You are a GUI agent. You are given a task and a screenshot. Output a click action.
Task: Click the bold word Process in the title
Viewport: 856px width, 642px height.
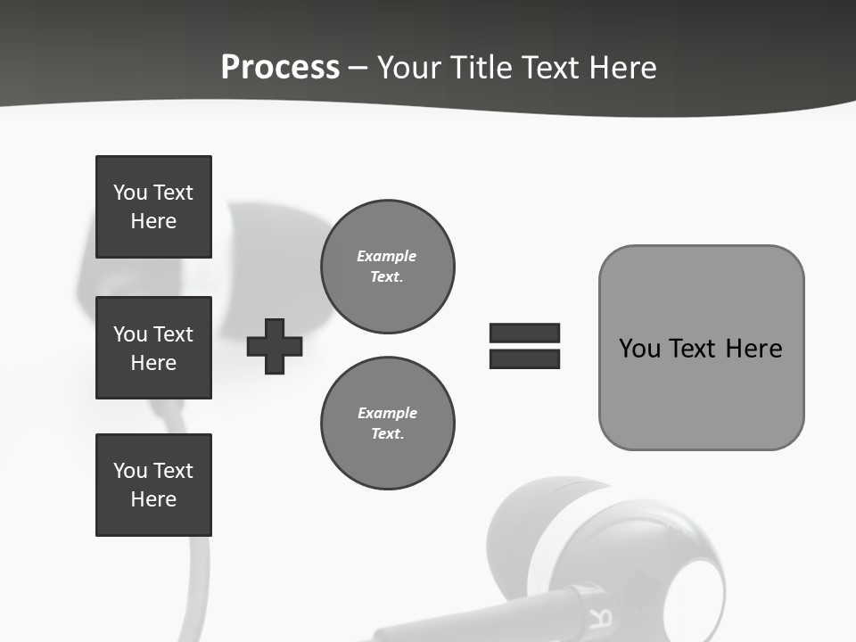click(280, 68)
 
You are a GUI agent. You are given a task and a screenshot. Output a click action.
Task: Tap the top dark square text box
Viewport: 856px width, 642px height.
click(153, 207)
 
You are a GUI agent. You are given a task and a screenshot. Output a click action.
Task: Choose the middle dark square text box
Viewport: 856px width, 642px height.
click(153, 348)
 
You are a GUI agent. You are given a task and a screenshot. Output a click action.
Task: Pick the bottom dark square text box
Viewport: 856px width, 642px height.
click(153, 485)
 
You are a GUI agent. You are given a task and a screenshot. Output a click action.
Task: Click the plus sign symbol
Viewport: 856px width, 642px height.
click(275, 346)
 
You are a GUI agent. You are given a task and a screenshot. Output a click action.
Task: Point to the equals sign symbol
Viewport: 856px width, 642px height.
click(524, 346)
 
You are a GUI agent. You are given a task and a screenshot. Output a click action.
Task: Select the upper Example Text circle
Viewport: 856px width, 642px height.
click(387, 267)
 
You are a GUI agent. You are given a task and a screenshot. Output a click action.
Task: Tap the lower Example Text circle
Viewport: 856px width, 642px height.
click(387, 424)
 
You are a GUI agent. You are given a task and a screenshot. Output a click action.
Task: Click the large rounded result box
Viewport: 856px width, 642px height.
click(701, 348)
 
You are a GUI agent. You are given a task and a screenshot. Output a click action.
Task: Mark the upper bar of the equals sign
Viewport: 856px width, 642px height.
click(524, 333)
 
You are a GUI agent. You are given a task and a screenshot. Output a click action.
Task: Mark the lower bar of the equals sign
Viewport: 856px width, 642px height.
click(524, 358)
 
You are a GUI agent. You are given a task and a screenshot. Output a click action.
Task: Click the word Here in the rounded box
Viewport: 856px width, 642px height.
click(753, 348)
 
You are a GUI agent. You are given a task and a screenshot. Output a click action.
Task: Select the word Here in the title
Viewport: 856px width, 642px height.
click(621, 68)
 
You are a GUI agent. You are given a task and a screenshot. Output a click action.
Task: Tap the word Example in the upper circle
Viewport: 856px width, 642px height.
click(387, 256)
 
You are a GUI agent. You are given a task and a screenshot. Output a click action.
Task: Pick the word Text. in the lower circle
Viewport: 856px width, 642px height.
click(387, 434)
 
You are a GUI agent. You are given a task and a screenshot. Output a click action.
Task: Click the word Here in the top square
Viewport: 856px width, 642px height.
click(153, 221)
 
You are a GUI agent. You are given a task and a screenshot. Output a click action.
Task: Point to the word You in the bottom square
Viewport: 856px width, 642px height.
click(130, 471)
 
